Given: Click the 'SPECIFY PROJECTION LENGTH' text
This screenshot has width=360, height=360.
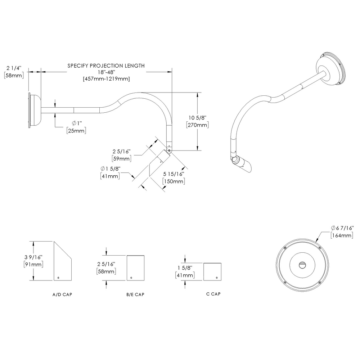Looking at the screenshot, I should [106, 66].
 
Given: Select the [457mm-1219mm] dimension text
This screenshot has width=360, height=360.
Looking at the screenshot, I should [106, 78].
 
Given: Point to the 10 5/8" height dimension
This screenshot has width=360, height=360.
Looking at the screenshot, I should [197, 118].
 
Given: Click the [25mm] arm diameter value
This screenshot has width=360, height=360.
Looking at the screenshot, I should [76, 130].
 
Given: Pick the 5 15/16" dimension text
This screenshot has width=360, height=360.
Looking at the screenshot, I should [174, 174].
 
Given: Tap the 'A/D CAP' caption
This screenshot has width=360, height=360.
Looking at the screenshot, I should [62, 294].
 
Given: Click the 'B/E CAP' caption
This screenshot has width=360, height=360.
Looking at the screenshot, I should [135, 294].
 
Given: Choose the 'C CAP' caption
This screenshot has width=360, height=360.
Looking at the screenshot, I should [213, 294].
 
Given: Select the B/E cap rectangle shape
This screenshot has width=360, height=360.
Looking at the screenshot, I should [135, 268].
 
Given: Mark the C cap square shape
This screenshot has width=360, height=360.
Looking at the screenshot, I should [212, 271].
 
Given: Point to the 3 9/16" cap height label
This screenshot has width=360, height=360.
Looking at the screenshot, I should [33, 257].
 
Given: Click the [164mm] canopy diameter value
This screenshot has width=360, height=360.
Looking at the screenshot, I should [342, 235].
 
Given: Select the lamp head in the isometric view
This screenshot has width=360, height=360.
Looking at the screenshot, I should [243, 164].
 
